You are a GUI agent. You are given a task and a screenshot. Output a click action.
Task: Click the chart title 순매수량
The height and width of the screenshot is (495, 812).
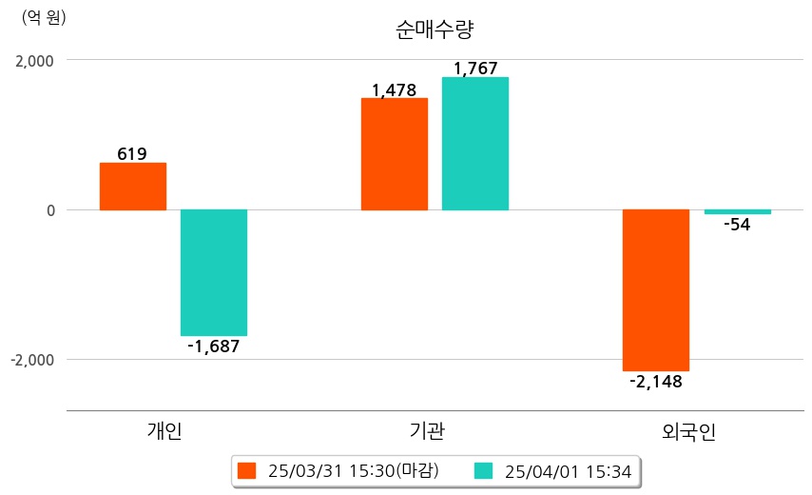point(434,29)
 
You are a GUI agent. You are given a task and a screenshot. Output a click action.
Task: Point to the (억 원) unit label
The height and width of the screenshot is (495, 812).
point(44,16)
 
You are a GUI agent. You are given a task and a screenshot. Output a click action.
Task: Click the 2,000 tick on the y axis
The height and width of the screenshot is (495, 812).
point(34,61)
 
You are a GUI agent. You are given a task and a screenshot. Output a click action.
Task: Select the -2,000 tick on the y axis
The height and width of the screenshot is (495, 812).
point(31,360)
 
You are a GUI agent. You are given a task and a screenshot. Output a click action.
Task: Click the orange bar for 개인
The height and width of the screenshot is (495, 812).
point(133,187)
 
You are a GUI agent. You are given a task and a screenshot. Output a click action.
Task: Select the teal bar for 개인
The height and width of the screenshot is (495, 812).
point(214,272)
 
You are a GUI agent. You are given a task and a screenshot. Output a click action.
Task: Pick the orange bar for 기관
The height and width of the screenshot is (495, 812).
point(395,154)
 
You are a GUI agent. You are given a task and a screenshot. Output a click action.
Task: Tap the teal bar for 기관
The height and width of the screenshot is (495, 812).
point(475,144)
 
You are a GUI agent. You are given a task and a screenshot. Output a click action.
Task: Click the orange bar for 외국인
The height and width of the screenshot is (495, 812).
point(656,289)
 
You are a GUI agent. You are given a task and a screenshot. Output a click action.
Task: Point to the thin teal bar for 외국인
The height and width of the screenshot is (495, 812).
point(737,212)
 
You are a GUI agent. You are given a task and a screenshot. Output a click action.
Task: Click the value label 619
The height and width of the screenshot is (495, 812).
point(132,153)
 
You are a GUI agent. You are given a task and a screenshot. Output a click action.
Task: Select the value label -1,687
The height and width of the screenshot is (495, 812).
point(213,346)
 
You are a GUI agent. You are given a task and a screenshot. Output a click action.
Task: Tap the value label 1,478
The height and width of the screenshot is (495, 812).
point(394,90)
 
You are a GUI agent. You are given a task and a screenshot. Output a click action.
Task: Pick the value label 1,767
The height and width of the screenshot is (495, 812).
point(475,69)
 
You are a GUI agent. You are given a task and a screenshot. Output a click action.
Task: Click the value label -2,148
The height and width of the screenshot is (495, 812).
point(656,382)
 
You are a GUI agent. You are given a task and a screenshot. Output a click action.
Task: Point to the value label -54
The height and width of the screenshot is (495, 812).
point(737,226)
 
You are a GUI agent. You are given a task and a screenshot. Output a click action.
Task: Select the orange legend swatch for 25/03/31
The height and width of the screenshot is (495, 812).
point(247,470)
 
